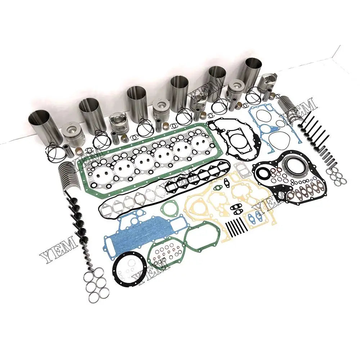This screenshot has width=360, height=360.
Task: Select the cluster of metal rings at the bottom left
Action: pyautogui.click(x=95, y=283)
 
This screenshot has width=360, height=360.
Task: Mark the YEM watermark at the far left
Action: pyautogui.click(x=58, y=248)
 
